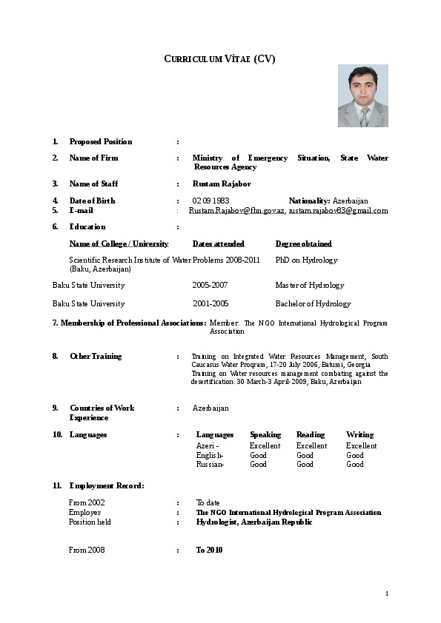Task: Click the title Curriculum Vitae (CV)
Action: point(219,59)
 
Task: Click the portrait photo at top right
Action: point(362,95)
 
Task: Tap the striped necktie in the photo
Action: point(364,117)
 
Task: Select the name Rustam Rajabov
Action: point(217,183)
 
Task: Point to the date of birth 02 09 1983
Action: point(210,201)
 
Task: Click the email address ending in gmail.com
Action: point(338,211)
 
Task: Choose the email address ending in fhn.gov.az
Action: point(237,211)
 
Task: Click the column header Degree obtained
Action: point(303,243)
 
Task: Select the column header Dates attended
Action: point(218,243)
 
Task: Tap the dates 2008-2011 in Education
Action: point(244,260)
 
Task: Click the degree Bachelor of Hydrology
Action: point(313,303)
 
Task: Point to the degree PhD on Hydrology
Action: point(306,260)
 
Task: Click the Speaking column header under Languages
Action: point(265,434)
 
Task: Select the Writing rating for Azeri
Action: point(361,445)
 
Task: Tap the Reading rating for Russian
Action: point(305,464)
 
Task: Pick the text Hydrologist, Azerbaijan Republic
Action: point(254,522)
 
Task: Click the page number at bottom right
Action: point(387,593)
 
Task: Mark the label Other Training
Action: point(96,356)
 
